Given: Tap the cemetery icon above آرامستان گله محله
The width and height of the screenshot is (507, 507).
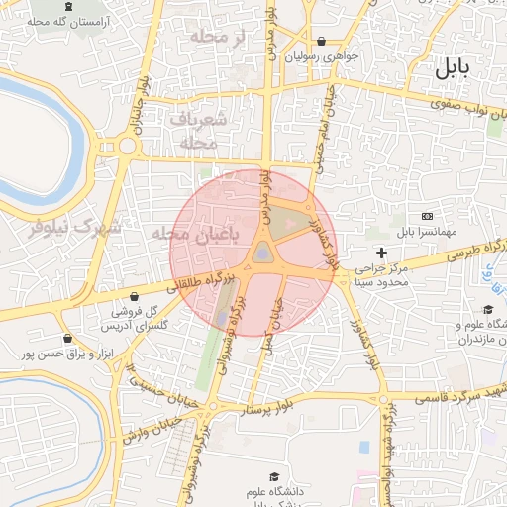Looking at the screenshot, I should [x=67, y=7].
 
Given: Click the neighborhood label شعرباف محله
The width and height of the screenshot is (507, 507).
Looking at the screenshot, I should [x=199, y=130].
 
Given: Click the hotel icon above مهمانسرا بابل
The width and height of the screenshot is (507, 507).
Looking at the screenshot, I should [x=427, y=216].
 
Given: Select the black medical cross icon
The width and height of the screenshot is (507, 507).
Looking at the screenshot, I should [x=381, y=253].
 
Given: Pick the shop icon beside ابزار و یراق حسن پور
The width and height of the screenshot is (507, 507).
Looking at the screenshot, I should [x=66, y=338].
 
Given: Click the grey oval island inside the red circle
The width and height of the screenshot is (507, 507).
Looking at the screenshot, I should [x=261, y=253].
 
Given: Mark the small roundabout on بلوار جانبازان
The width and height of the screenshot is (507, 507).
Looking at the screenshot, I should [x=128, y=147].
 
